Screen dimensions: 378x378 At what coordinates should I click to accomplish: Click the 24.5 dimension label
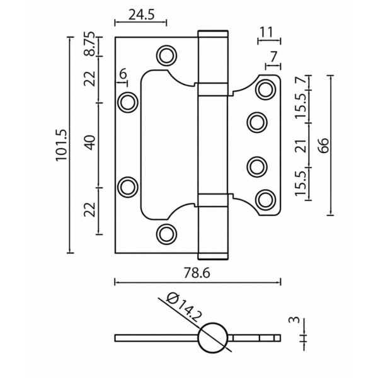click(141, 15)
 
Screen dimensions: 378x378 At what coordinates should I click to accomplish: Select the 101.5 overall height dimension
click(61, 145)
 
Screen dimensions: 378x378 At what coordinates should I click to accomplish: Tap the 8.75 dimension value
click(89, 44)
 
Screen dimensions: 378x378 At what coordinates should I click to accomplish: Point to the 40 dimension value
click(91, 143)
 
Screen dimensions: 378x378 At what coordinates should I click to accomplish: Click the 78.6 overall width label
click(197, 273)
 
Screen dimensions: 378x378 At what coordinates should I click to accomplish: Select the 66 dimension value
click(324, 145)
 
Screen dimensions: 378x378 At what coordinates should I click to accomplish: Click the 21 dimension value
click(301, 146)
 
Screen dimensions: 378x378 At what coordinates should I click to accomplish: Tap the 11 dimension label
click(266, 32)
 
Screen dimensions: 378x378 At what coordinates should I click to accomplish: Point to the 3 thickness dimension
click(294, 320)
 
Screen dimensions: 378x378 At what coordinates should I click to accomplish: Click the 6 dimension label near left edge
click(123, 74)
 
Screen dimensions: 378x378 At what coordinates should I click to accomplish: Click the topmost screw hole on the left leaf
click(166, 55)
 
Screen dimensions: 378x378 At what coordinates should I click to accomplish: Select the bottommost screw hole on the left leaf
click(166, 234)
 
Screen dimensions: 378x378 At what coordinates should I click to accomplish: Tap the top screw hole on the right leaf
click(266, 89)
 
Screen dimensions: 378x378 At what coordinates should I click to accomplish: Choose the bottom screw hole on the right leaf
click(266, 200)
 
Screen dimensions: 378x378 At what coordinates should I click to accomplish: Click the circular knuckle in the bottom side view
click(213, 338)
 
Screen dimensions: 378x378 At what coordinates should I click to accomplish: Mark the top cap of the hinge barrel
click(213, 34)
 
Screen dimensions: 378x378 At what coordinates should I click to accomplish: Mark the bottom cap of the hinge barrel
click(213, 256)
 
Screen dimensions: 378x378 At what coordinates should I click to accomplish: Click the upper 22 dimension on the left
click(89, 79)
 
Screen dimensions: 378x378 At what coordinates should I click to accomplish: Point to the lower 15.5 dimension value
click(301, 183)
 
